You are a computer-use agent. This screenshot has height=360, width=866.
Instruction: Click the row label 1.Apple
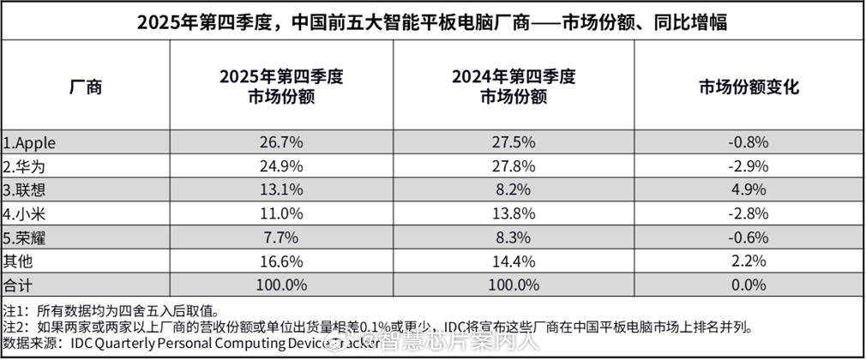click(30, 141)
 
